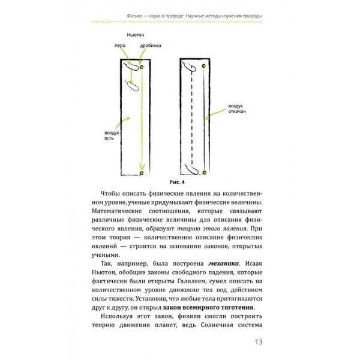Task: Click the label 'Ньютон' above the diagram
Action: point(136,35)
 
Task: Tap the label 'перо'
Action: point(121,46)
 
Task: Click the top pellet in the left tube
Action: point(142,67)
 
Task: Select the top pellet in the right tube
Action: point(205,67)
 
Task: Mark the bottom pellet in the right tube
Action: point(205,173)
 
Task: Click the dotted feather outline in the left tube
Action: point(131,85)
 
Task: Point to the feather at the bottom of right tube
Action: point(193,169)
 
